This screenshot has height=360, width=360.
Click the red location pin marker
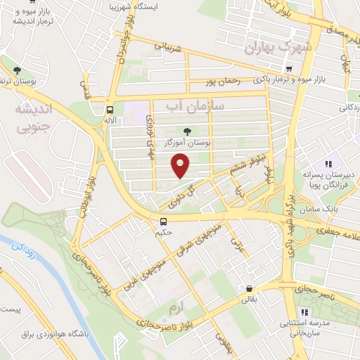181,167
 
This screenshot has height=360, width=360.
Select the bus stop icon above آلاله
110,109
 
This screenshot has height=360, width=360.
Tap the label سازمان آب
194,105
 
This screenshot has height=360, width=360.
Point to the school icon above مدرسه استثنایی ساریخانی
304,313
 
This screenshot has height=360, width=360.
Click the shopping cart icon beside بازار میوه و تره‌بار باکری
289,69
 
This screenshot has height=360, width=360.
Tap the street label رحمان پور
225,82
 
